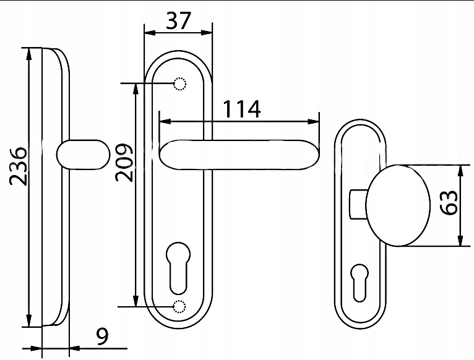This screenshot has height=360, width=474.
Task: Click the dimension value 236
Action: (x=18, y=166)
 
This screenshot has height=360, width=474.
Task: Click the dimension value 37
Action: (x=178, y=20)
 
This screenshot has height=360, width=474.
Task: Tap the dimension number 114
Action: (x=241, y=109)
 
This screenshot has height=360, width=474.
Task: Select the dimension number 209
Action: (x=124, y=163)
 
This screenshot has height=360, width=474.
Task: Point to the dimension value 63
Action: (x=449, y=202)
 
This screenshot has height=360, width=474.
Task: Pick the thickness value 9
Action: (x=102, y=336)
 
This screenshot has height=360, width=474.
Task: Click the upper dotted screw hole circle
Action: (x=179, y=84)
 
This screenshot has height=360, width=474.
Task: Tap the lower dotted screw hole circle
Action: (x=179, y=306)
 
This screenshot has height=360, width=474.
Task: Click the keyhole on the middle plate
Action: (x=178, y=268)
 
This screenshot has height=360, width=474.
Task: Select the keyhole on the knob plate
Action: (x=360, y=283)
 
